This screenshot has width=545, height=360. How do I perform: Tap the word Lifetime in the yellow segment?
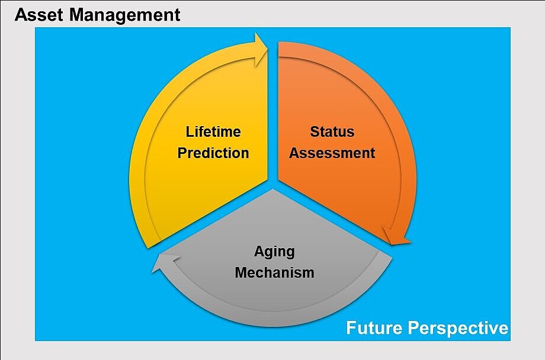[213, 131]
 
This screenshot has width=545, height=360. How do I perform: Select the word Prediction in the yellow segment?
[213, 153]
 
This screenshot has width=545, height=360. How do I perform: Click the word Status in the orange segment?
[332, 131]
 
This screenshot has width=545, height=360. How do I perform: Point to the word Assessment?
[332, 153]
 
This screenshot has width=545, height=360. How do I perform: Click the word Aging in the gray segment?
[274, 252]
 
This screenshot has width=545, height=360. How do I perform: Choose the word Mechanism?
[274, 272]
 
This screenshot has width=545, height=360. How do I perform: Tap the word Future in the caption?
[374, 327]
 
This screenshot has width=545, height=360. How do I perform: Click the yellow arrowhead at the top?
[261, 50]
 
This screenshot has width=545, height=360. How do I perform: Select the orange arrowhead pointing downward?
[396, 236]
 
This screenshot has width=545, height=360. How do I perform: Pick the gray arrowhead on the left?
[164, 262]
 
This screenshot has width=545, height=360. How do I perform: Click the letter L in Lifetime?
[190, 131]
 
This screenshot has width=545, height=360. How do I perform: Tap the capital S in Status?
[315, 131]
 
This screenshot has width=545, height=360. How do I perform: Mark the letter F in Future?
[351, 327]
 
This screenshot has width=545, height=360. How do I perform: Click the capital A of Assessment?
[294, 153]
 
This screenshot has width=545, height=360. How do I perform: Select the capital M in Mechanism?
[241, 272]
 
